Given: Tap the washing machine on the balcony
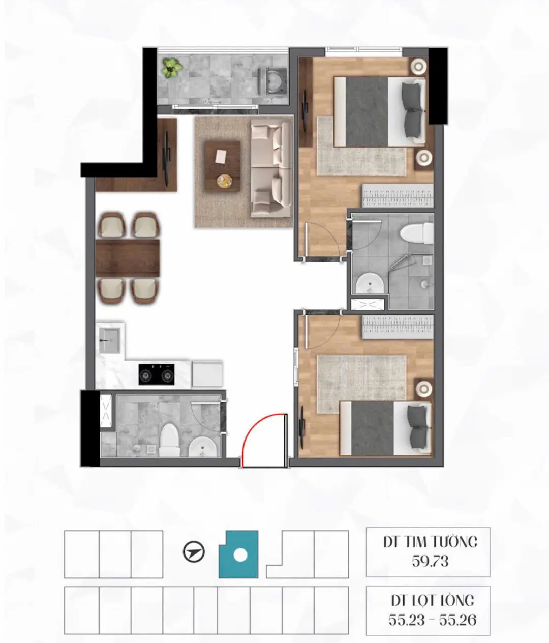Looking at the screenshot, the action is coord(271,81).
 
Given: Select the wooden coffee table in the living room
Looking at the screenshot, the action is coord(222,166).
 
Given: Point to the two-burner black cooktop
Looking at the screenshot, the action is coord(156,374).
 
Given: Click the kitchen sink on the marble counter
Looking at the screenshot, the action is coord(109,340).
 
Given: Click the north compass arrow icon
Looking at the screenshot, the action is coord(193,552).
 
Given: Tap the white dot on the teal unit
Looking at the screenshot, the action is coord(240,556).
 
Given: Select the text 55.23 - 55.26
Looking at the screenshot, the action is coord(432,620).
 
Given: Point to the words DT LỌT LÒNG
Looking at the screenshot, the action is coord(432,600).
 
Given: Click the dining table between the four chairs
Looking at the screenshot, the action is coord(128,257).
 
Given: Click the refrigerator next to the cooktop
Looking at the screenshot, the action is coord(207,373).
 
